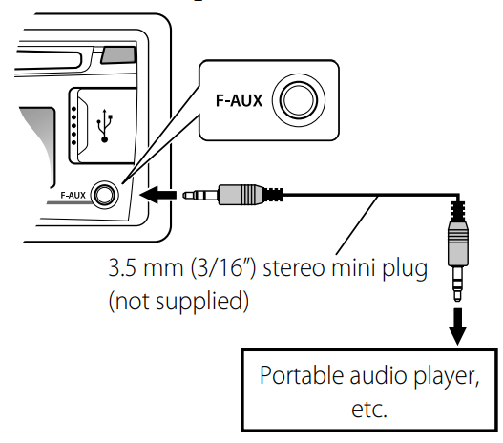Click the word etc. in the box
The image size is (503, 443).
pos(370,409)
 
